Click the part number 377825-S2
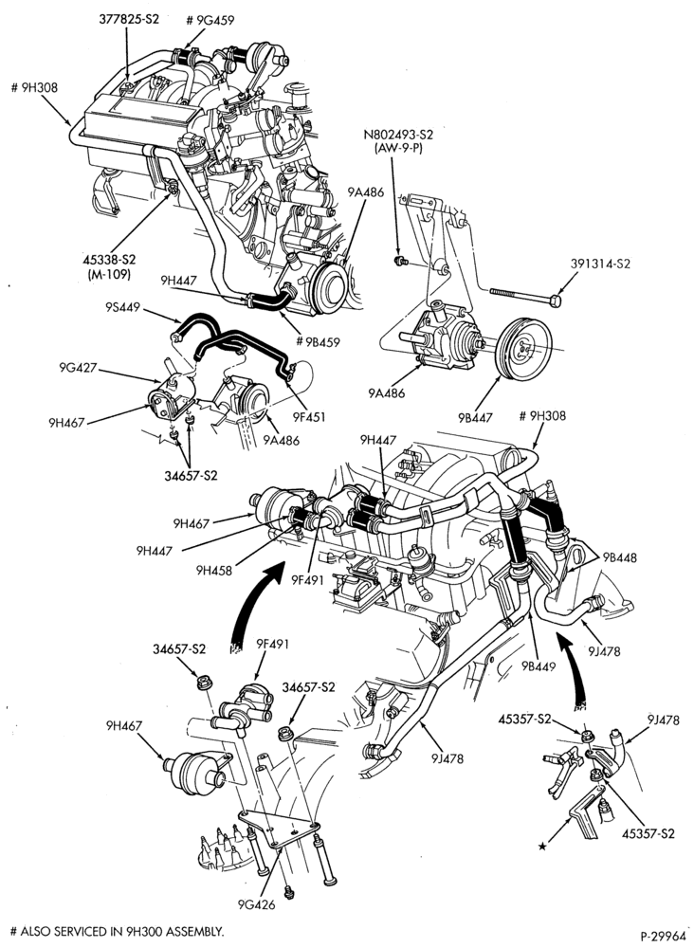coord(129,19)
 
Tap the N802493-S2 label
coord(398,135)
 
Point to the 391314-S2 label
coord(600,264)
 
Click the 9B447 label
coord(475,416)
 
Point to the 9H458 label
coord(213,569)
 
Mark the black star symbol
coord(542,847)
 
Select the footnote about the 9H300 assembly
coord(118,931)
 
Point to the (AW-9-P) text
coord(398,148)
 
